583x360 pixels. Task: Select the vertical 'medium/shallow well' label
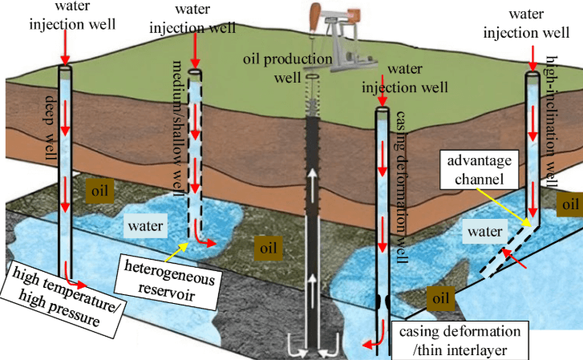[x=179, y=133]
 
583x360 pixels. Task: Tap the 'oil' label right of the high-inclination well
[x=569, y=204]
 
